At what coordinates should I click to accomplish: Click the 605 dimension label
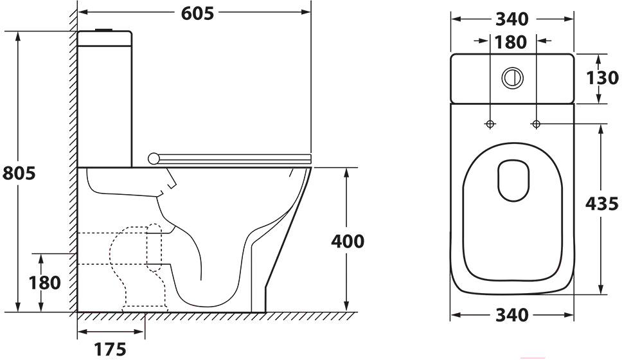(197, 14)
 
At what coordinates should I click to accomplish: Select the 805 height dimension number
(19, 173)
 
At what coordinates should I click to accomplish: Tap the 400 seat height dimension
(348, 241)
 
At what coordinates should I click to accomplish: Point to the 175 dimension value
(110, 349)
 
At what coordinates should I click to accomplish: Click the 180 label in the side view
(44, 283)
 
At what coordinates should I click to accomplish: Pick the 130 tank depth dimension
(602, 78)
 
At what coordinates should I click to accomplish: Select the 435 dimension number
(602, 204)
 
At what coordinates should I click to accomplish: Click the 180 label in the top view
(511, 42)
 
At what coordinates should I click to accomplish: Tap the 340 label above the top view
(512, 19)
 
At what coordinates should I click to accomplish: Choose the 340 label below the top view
(512, 315)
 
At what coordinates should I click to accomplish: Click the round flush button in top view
(513, 78)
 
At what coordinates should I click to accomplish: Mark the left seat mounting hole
(490, 124)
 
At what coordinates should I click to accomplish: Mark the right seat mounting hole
(536, 124)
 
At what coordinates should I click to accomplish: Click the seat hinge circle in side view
(154, 159)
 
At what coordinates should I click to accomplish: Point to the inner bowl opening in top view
(513, 181)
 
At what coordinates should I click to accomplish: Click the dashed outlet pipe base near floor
(145, 309)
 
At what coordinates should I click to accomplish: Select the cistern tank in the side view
(105, 99)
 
